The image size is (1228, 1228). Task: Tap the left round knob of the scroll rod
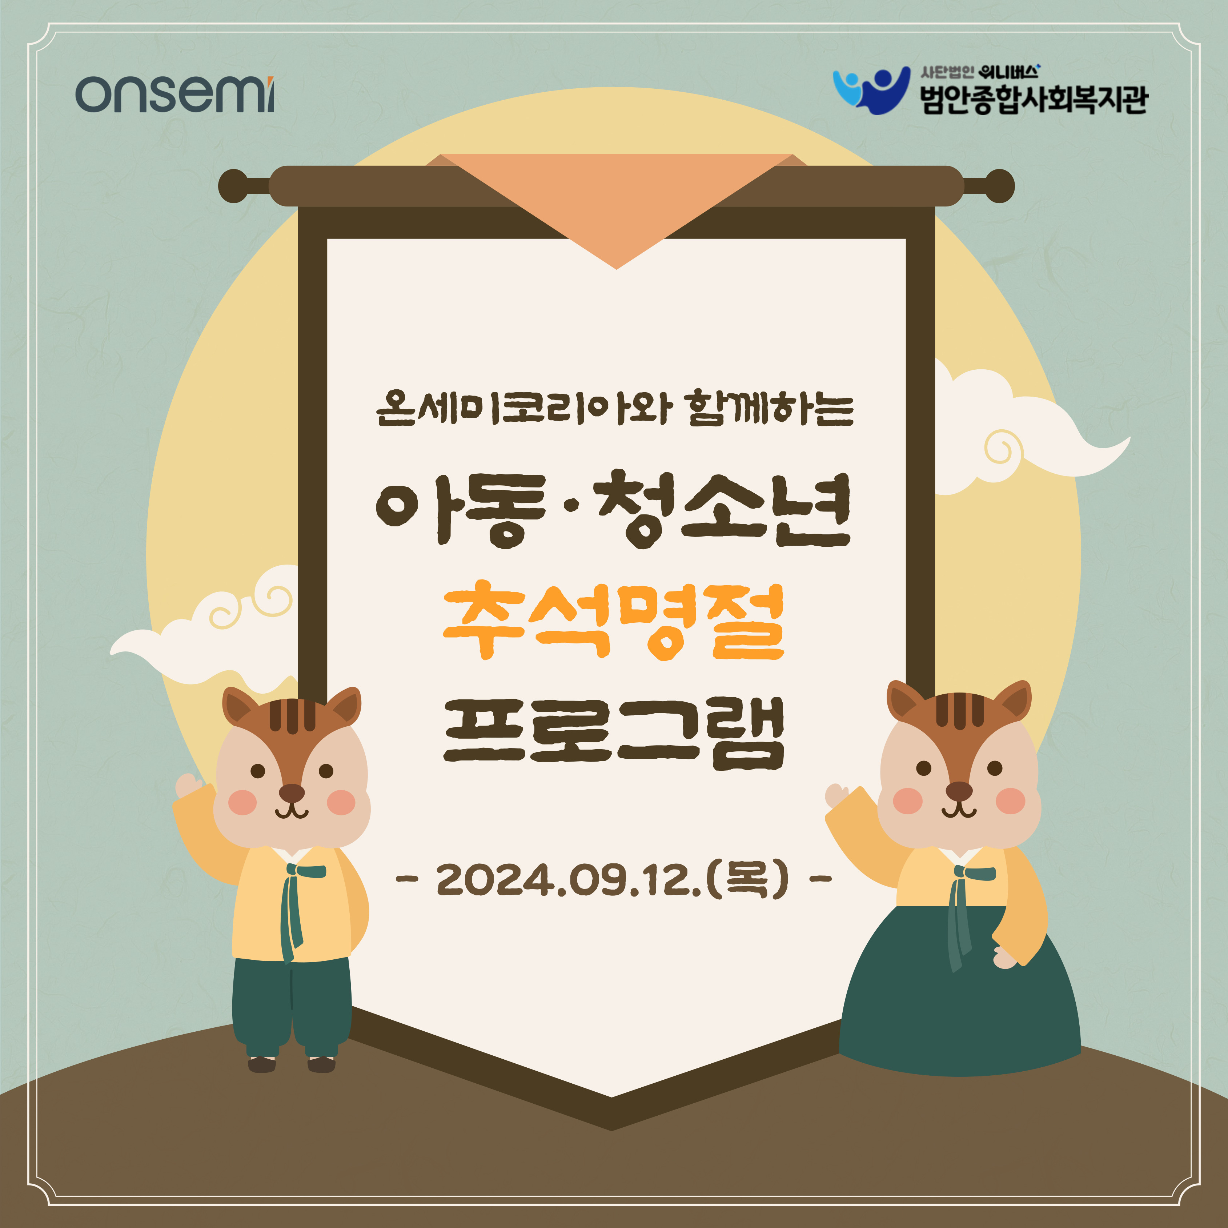(234, 186)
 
